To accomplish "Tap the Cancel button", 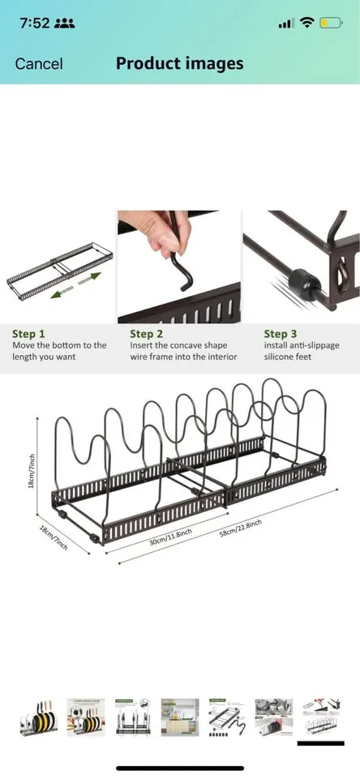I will pyautogui.click(x=39, y=63).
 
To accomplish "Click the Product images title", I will pyautogui.click(x=179, y=63).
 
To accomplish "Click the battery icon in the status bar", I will pyautogui.click(x=331, y=24).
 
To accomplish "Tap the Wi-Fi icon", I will pyautogui.click(x=306, y=24).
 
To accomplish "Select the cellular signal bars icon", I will pyautogui.click(x=285, y=24).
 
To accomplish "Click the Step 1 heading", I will pyautogui.click(x=29, y=333).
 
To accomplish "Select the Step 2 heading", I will pyautogui.click(x=147, y=333).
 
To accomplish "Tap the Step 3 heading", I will pyautogui.click(x=281, y=333).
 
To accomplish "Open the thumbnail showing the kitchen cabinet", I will pyautogui.click(x=179, y=717).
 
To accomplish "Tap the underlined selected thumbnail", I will pyautogui.click(x=320, y=717).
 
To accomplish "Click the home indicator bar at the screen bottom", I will pyautogui.click(x=179, y=767).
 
